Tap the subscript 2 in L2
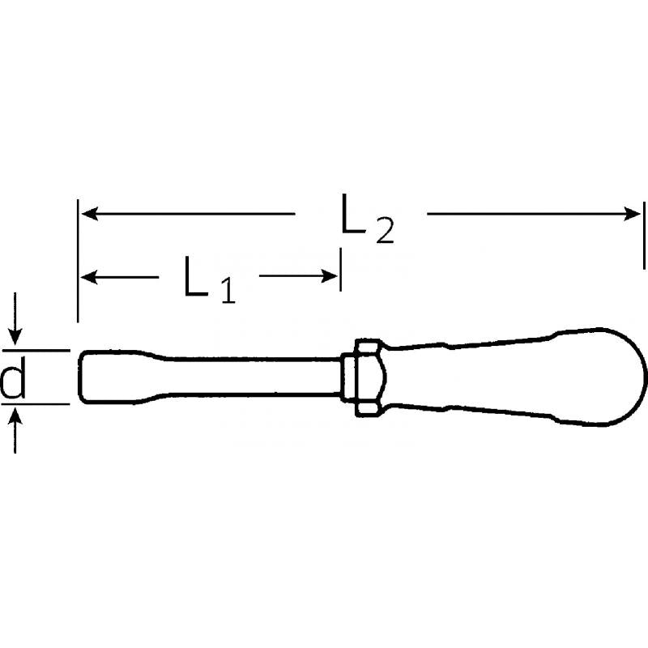click(384, 232)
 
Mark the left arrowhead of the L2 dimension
click(89, 214)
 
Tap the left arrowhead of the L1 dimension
click(89, 277)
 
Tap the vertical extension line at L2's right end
click(644, 235)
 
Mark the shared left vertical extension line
click(78, 259)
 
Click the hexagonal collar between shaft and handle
click(362, 377)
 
